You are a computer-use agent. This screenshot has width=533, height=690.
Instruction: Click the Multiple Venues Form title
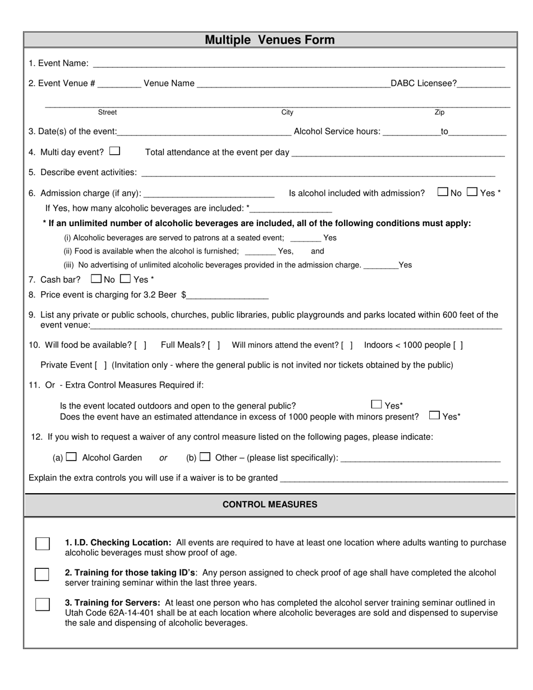(269, 40)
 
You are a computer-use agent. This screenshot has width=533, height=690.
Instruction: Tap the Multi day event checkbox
(114, 151)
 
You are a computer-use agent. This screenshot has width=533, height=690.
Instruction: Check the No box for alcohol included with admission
(443, 192)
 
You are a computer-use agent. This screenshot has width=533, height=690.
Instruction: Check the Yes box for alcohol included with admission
(472, 192)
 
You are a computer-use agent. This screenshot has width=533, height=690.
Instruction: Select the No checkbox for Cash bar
(96, 278)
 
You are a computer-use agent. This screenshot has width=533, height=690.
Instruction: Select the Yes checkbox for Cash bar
(126, 278)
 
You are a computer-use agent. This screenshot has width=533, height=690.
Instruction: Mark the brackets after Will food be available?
(141, 346)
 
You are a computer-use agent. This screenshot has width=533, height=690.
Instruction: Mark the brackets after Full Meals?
(214, 346)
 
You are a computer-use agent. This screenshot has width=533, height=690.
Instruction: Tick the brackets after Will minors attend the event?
(347, 346)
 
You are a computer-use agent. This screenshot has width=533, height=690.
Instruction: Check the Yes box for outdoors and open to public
(376, 404)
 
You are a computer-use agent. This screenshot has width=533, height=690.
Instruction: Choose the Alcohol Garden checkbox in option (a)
(71, 457)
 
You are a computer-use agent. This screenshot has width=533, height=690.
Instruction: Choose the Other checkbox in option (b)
(205, 457)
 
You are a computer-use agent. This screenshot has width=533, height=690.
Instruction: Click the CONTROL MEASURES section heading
(270, 504)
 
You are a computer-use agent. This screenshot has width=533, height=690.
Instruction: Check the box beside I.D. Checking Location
(42, 544)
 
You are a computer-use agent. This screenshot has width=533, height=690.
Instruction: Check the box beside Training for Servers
(42, 604)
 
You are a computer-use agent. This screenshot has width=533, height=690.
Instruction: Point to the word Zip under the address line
(439, 112)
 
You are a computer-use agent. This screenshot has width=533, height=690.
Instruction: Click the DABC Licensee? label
(424, 84)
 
